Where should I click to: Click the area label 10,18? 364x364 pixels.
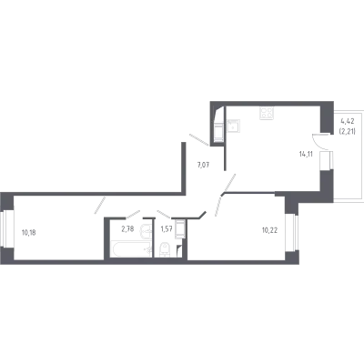tap(28, 233)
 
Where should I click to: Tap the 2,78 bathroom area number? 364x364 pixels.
tap(127, 229)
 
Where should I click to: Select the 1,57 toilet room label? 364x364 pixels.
tap(167, 229)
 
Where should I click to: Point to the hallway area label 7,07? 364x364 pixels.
tap(204, 166)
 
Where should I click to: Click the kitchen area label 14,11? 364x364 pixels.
tap(306, 154)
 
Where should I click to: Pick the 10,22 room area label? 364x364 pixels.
tap(269, 230)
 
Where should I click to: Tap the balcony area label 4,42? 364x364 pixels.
tap(348, 122)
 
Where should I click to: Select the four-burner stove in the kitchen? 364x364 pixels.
tap(266, 113)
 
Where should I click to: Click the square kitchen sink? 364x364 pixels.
tap(233, 126)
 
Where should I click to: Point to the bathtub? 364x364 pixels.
tap(131, 249)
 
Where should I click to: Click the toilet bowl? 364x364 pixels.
tap(165, 250)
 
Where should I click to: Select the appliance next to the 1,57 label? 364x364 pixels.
tap(180, 229)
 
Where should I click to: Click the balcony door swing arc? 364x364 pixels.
tap(318, 143)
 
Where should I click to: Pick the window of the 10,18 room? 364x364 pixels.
tap(6, 228)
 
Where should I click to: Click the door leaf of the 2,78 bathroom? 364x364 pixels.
tap(133, 214)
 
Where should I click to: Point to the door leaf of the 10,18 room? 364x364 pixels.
tap(100, 205)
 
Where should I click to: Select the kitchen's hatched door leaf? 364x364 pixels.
tap(229, 183)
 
